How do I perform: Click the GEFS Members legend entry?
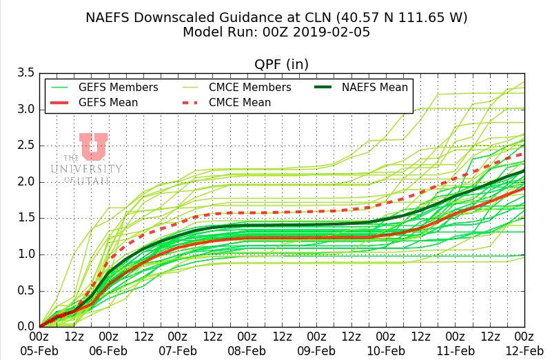click(118, 88)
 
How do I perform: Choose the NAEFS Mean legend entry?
click(375, 88)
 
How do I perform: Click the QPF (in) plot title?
click(281, 64)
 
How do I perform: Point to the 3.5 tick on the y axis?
click(25, 73)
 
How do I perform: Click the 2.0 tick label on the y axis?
click(25, 182)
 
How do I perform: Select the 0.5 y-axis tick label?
click(25, 290)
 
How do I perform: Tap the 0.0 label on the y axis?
click(25, 327)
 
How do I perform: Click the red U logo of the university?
click(92, 146)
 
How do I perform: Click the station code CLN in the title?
click(294, 17)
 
